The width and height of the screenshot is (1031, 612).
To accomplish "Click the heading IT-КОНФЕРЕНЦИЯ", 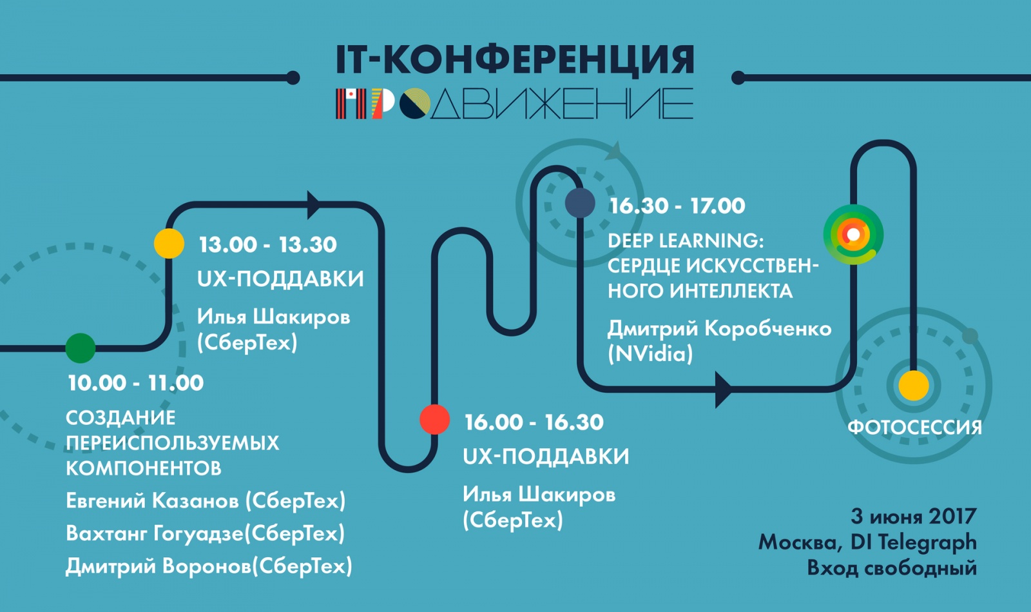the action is coord(515,60).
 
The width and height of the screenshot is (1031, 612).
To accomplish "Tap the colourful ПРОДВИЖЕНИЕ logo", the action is coord(515,103).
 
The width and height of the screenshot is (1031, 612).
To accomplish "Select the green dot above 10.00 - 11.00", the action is coord(81,348).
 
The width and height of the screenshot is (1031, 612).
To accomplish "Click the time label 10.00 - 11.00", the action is coord(135,383).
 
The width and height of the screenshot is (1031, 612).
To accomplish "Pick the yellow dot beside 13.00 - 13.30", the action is coord(169,243).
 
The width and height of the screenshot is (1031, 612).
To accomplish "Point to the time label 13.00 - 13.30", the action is coord(267,244).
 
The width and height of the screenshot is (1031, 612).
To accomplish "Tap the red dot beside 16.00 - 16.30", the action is coord(434,420).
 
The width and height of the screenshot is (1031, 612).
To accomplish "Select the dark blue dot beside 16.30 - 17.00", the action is coord(580,202).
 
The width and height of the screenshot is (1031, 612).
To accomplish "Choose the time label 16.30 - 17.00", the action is coord(677,206).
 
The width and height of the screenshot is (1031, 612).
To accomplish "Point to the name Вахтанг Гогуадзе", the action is coord(154,534).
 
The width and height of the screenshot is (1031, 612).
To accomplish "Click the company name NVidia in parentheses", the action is coord(650,354).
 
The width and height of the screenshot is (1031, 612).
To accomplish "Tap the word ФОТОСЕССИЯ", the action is coord(914,428).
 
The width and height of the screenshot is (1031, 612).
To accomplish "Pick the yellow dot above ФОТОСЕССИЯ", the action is coord(914,386).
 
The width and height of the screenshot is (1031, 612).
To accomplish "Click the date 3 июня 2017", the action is coord(913,517).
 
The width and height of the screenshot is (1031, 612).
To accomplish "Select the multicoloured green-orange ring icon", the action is coord(853,234).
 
